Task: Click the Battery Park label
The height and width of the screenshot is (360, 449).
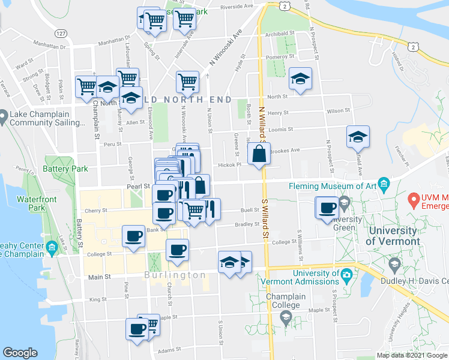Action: click(x=66, y=169)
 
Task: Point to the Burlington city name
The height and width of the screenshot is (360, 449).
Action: click(x=175, y=275)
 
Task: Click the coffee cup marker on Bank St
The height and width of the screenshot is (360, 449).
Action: click(x=133, y=235)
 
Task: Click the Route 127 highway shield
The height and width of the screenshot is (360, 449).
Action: click(x=60, y=34)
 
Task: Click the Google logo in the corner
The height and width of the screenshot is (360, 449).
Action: click(x=20, y=353)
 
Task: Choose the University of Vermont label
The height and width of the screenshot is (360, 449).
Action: click(x=393, y=236)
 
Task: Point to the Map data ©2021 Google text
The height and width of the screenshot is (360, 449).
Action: click(x=411, y=355)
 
